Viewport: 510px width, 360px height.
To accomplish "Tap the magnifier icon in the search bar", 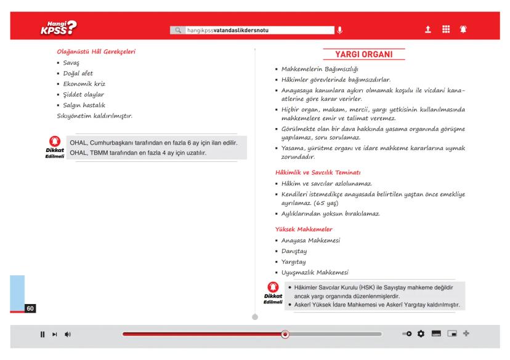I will tap(178, 30).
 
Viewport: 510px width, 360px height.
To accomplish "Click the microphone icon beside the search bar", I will tap(339, 30).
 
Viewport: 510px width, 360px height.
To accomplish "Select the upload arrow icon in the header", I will tap(427, 29).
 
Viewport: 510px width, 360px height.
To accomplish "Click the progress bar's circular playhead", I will tap(285, 334).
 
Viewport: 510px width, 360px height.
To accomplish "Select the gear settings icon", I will tap(421, 334).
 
